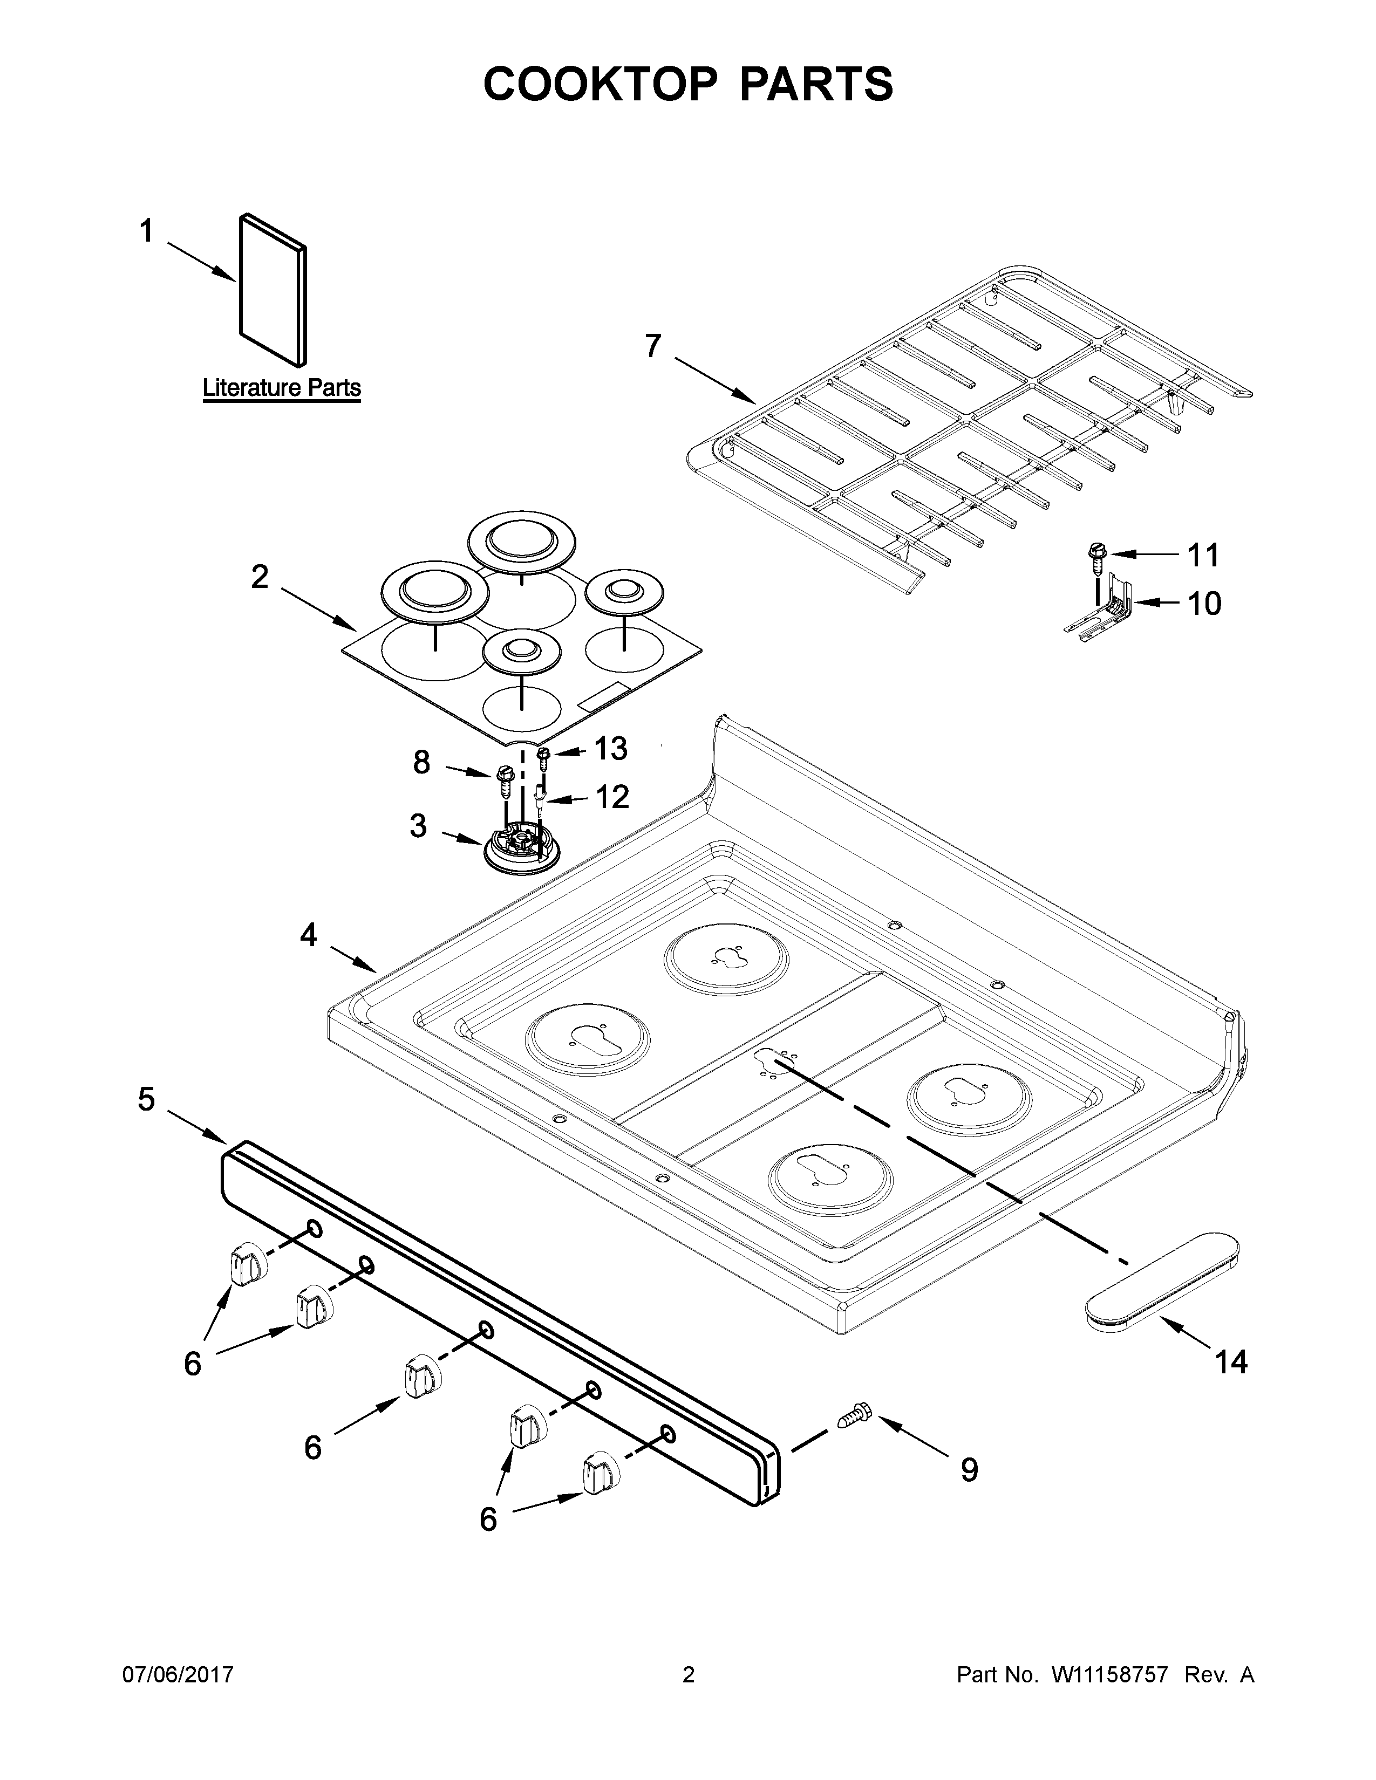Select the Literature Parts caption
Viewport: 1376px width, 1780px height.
pyautogui.click(x=281, y=387)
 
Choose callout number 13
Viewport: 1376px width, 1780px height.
pyautogui.click(x=610, y=748)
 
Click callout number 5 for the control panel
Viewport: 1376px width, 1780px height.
pyautogui.click(x=146, y=1099)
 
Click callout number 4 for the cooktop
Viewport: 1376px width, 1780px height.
pyautogui.click(x=308, y=935)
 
